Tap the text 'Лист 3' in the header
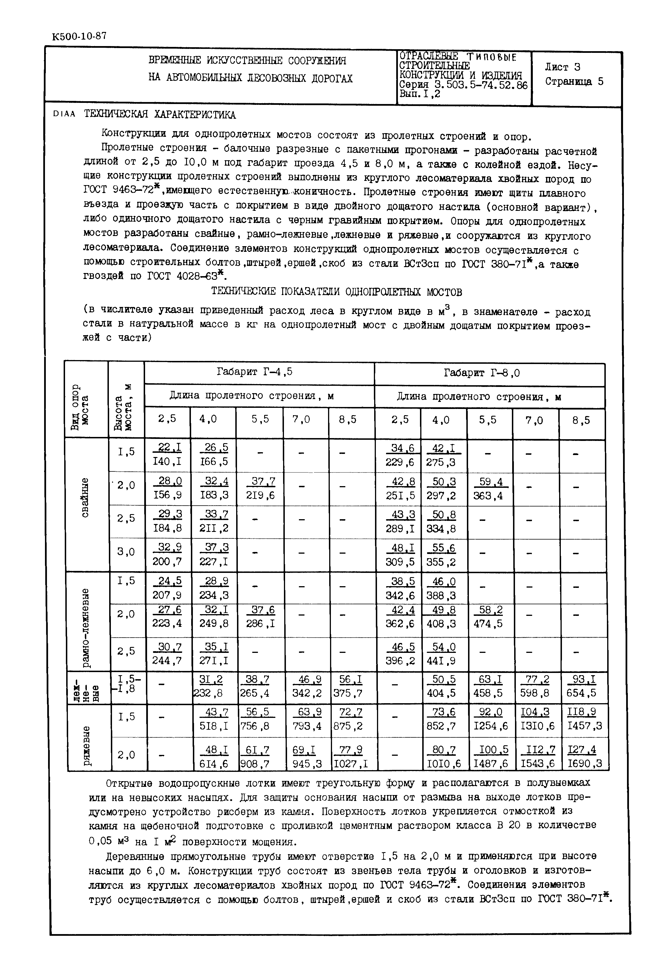point(562,67)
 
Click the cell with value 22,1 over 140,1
point(167,455)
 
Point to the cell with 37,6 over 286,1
point(260,617)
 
